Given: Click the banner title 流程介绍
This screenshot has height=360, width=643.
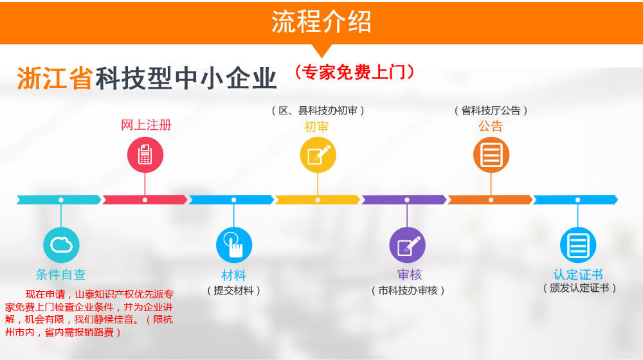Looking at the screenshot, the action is [x=321, y=22].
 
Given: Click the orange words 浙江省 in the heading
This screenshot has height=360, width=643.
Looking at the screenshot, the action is [x=55, y=78].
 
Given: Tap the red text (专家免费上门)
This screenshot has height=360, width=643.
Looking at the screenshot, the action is [x=355, y=73].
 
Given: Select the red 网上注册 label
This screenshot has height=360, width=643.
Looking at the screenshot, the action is [x=146, y=125].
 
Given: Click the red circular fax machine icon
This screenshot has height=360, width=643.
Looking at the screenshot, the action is [x=145, y=155].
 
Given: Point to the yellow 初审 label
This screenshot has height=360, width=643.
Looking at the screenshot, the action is [x=316, y=127].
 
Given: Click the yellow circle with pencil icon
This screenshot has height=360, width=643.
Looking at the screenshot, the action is [x=318, y=155].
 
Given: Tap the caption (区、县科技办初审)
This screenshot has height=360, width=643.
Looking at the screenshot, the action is [x=318, y=111].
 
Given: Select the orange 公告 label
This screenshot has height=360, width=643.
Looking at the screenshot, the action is [x=491, y=126].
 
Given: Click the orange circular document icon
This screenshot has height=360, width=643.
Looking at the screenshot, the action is [x=491, y=155].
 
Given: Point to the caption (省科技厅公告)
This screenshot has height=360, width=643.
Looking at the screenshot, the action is [x=491, y=111].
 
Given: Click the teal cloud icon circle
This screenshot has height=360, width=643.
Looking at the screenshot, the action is [x=61, y=245].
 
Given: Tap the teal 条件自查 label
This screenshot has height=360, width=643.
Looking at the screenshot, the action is [x=60, y=274].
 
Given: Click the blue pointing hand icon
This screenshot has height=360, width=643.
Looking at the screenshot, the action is [x=234, y=245].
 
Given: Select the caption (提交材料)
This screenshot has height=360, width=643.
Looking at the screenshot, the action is [x=234, y=291].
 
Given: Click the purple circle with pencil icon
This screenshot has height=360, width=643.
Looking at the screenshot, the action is [x=407, y=245].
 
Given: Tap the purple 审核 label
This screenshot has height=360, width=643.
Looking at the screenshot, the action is [x=409, y=274].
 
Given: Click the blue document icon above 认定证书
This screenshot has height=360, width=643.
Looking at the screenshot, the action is [x=578, y=245].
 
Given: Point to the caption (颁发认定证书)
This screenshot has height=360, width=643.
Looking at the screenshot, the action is [x=579, y=288].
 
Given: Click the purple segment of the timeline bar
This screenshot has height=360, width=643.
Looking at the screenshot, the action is [x=404, y=200].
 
